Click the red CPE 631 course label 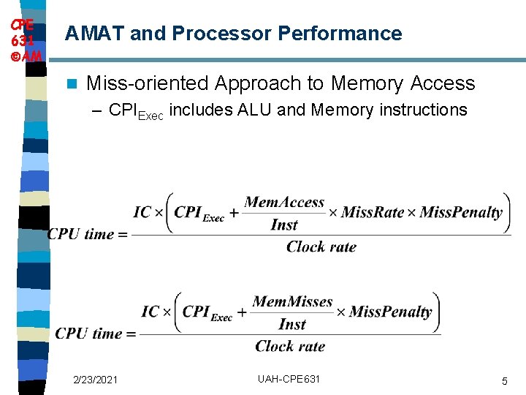pos(22,39)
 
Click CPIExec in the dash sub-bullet pos(137,111)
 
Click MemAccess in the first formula pos(284,203)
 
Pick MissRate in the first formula pos(373,213)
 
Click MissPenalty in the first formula pos(461,213)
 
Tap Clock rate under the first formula pos(321,247)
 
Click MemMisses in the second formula pos(292,302)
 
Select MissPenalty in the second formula pos(390,312)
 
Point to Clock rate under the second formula pos(290,346)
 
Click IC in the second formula pos(150,312)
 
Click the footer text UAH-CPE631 pos(289,379)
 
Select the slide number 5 pos(504,380)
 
